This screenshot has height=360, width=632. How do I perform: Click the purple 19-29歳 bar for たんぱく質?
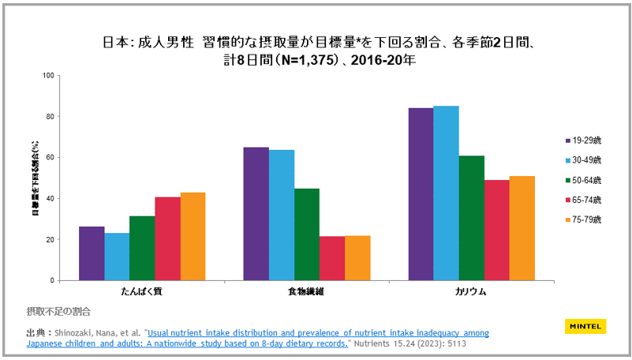point(92,253)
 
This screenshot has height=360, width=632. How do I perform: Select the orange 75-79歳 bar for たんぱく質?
point(193,237)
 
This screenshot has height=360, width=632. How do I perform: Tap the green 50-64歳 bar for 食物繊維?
point(307,234)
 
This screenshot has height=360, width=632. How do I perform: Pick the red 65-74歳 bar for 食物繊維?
point(332,258)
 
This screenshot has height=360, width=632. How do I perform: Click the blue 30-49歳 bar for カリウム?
point(446,193)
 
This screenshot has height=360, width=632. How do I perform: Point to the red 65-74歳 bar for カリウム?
point(496,230)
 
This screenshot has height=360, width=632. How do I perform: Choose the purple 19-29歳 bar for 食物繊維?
point(256,214)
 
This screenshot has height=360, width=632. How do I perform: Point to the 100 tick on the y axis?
point(47,76)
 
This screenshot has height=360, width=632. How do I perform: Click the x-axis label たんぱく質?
point(142,291)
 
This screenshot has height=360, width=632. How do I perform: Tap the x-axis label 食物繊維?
point(307,291)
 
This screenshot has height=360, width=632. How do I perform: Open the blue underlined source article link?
point(316,333)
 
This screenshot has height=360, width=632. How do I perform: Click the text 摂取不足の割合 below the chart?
point(58,311)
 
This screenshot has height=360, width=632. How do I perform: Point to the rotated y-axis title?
point(35,178)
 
